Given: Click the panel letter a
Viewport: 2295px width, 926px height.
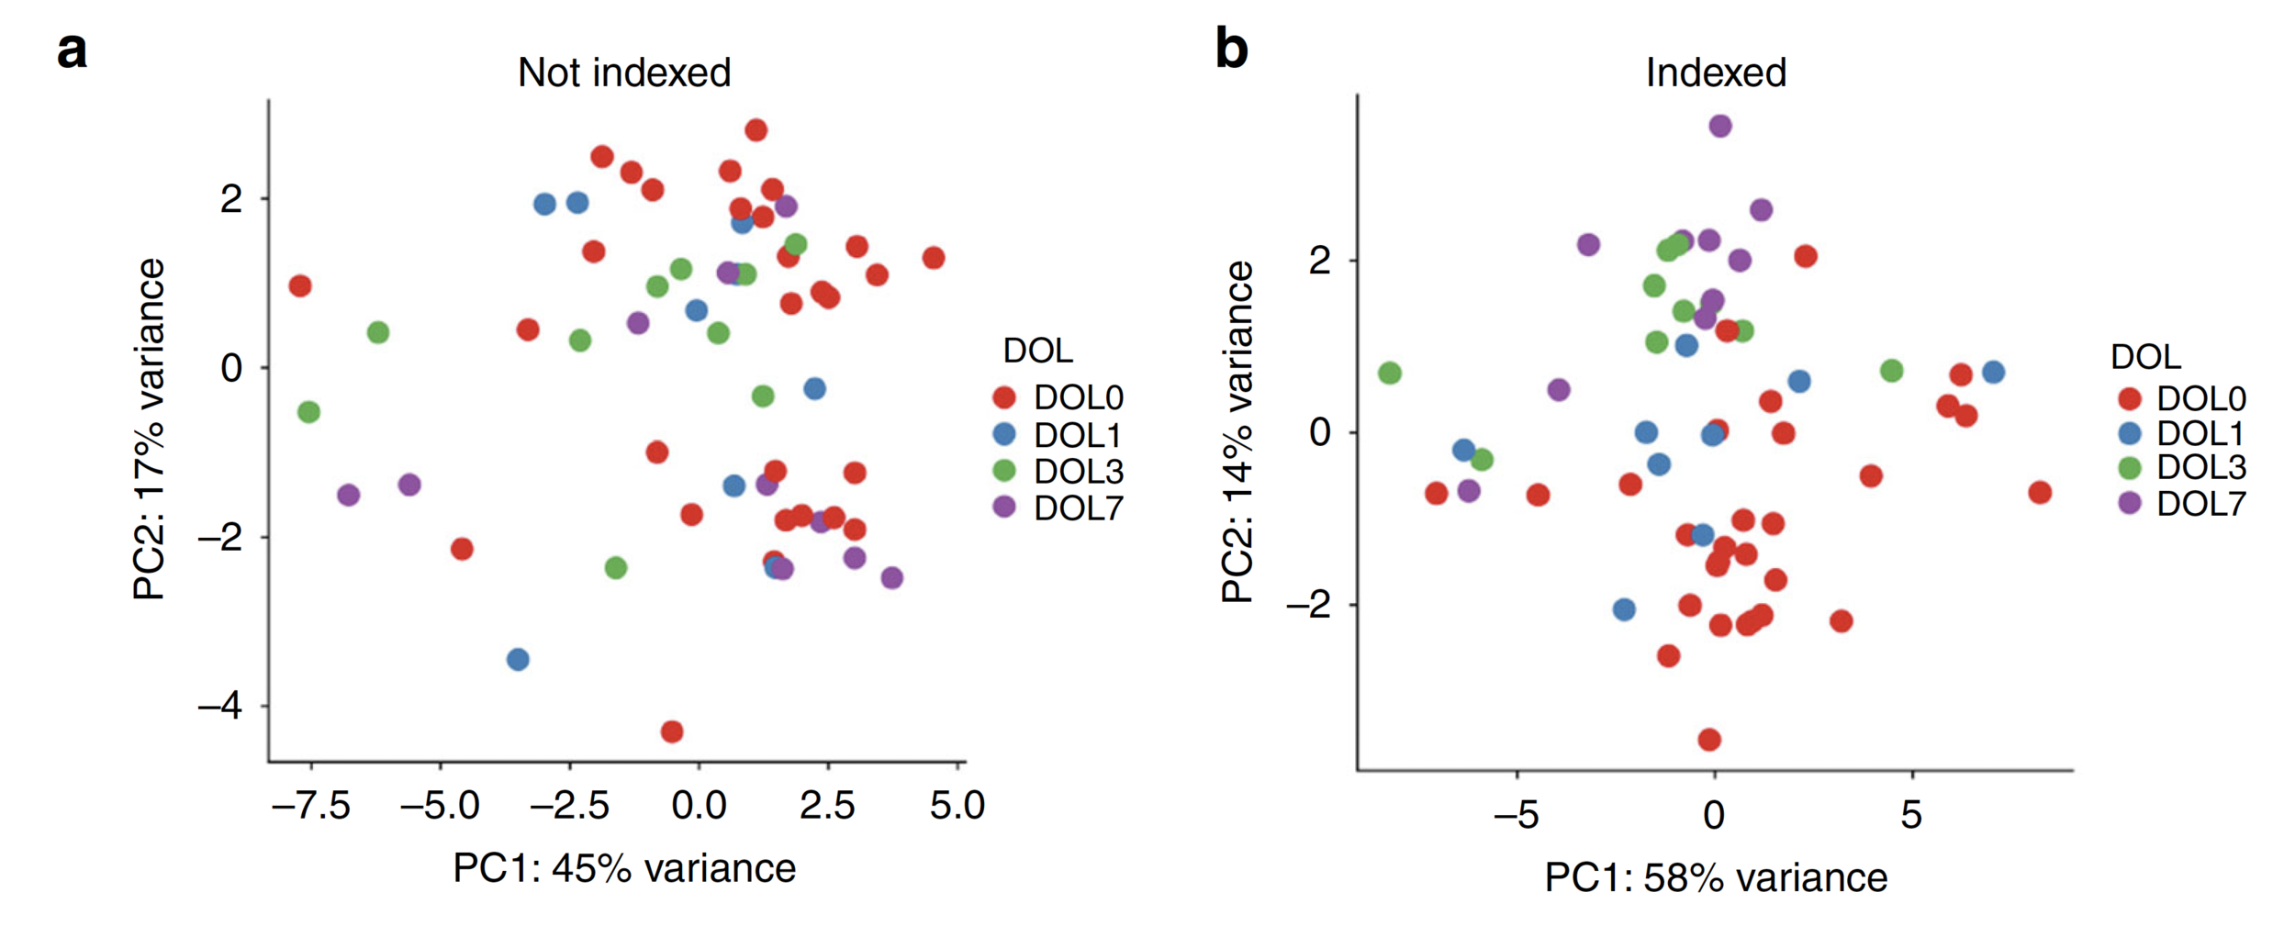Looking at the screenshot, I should (x=72, y=50).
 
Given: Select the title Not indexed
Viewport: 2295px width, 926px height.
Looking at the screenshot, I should (x=624, y=73).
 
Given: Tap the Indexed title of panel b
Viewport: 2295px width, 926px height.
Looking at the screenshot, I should (x=1715, y=73).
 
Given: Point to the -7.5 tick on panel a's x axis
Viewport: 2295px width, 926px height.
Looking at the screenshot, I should (x=312, y=806).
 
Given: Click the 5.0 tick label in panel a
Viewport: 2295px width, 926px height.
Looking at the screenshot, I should (x=957, y=806).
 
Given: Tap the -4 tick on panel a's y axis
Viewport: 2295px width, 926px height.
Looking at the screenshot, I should (x=220, y=706).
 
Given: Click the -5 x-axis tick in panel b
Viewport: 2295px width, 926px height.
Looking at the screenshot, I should (x=1516, y=814).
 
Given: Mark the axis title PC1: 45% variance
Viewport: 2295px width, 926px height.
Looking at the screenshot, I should (x=624, y=868).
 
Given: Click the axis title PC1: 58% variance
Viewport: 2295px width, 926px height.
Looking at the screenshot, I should (x=1715, y=878).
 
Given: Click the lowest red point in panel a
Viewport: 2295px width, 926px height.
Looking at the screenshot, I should (x=672, y=731).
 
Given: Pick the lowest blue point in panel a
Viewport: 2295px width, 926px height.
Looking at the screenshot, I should (x=518, y=659).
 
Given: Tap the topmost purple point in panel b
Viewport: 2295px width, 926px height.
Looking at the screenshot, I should (x=1720, y=126).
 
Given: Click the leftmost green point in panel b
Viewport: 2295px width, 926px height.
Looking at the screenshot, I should (x=1390, y=373).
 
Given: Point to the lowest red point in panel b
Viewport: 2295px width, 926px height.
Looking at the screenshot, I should (x=1709, y=739).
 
